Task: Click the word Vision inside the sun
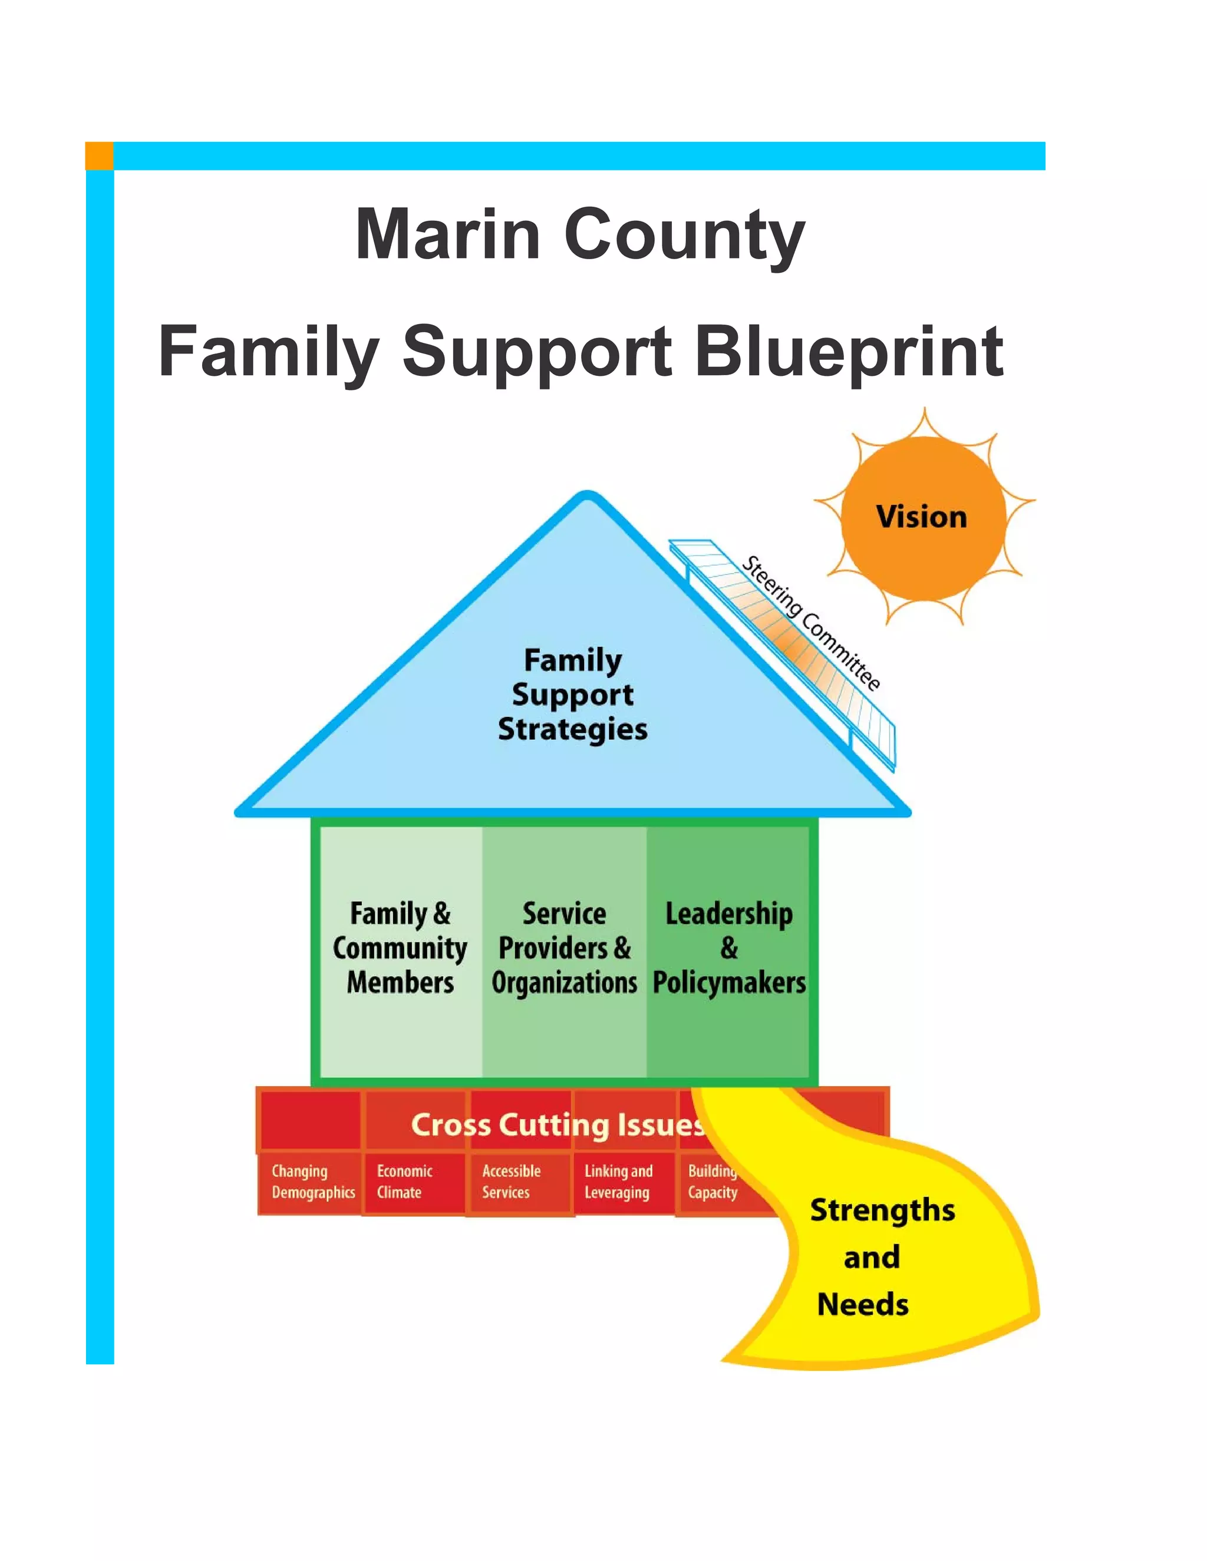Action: click(x=921, y=517)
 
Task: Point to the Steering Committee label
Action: click(x=810, y=623)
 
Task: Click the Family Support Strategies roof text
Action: click(x=572, y=694)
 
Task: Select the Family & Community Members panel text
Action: click(x=400, y=948)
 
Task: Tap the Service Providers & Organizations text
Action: click(x=564, y=948)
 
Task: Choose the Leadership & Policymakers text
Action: click(x=728, y=948)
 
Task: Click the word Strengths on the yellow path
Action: click(x=882, y=1210)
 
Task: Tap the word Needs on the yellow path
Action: click(x=862, y=1304)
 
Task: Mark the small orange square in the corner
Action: click(x=100, y=156)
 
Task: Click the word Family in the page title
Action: click(x=268, y=352)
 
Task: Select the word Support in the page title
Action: click(x=536, y=352)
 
